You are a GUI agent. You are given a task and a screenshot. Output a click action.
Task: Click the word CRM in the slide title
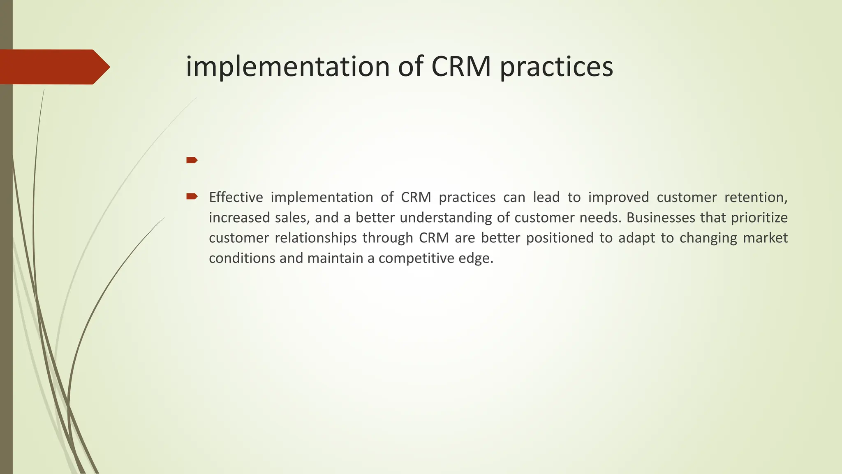click(x=461, y=66)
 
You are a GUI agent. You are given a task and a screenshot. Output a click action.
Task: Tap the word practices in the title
click(x=556, y=67)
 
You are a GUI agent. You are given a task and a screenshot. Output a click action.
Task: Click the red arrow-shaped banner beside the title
click(x=53, y=67)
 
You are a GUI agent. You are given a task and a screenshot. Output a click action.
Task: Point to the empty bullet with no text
click(x=192, y=160)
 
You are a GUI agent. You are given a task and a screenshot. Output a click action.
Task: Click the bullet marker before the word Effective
click(x=192, y=197)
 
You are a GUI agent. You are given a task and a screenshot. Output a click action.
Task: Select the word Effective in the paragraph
click(x=236, y=197)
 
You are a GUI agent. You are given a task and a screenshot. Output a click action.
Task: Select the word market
click(x=765, y=238)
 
